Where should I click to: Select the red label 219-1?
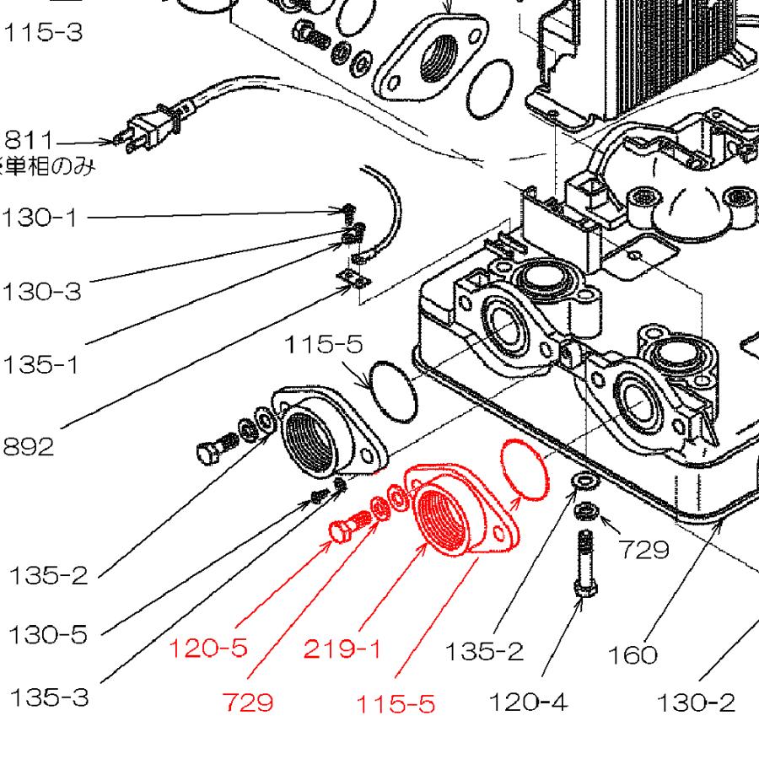click(x=342, y=649)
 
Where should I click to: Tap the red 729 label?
click(x=249, y=701)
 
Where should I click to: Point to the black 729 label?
click(x=643, y=550)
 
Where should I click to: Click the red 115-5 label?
click(x=395, y=703)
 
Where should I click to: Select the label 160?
click(x=632, y=654)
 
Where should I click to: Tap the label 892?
click(x=28, y=446)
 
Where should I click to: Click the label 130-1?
click(x=39, y=218)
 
